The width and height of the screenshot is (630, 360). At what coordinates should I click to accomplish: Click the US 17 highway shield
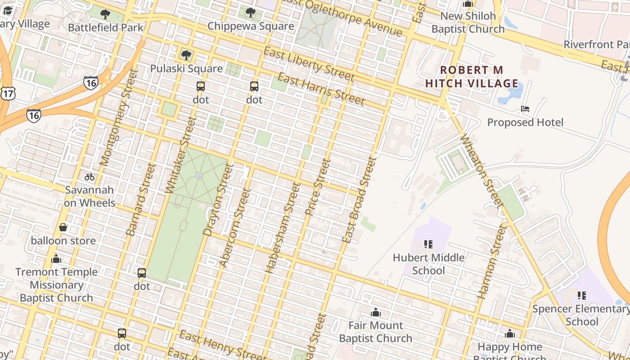8,93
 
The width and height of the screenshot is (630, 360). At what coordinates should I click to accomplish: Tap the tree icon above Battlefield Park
105,14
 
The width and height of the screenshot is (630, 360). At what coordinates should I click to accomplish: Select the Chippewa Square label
251,26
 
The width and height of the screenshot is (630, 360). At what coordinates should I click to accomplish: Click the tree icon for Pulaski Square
186,56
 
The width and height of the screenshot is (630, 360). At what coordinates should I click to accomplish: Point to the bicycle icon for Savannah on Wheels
90,177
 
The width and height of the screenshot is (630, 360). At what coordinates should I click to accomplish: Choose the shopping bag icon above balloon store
63,227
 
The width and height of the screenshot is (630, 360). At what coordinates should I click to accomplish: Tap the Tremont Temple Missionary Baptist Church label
56,285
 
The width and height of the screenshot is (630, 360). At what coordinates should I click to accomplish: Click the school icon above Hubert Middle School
428,244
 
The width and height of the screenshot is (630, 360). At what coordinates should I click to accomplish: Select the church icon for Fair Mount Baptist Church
375,312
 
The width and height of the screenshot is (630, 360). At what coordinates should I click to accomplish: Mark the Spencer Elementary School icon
582,296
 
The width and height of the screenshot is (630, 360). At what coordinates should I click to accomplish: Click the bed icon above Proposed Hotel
525,109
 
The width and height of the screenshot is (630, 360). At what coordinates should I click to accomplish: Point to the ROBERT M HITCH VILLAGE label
472,77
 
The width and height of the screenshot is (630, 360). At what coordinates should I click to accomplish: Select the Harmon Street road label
492,262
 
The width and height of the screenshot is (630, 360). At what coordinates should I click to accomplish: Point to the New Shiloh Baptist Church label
468,22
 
